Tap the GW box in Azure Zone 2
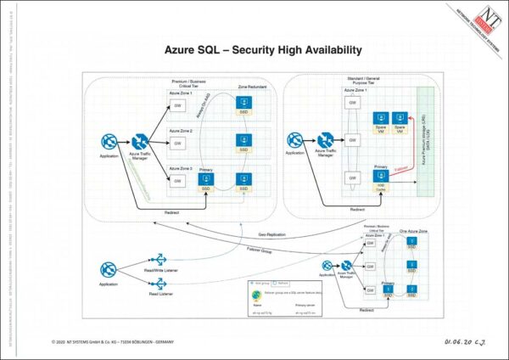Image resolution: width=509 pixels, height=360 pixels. coord(177,143)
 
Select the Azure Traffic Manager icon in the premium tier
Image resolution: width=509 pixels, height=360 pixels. coord(140,142)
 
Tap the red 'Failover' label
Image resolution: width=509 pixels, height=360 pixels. coord(402,169)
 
